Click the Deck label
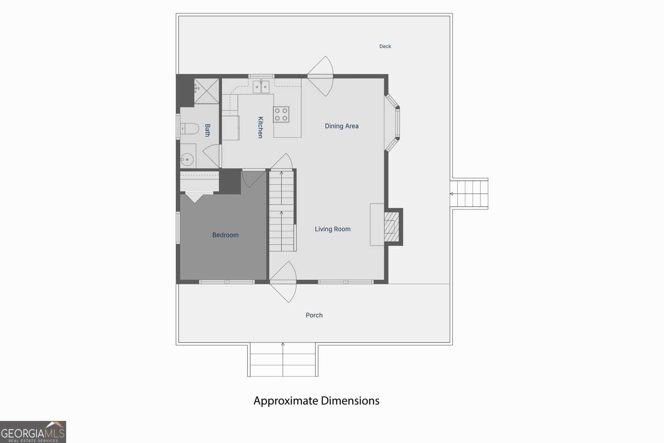coord(385,46)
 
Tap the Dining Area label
coord(342,126)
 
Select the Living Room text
coord(332,229)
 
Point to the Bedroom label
coord(225,235)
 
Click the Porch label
coord(314,315)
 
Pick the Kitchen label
coord(260,127)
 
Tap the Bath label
coord(207,130)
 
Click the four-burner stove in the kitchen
coord(281,115)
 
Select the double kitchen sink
coord(261,87)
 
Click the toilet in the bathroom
coord(189,129)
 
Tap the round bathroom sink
coord(187,159)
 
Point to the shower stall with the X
coord(206,91)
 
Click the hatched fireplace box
coord(392,227)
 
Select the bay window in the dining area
coord(392,123)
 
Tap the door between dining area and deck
coord(320,76)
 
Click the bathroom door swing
coord(212,156)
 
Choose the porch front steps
coord(283,360)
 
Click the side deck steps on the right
coord(469,193)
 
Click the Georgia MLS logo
coord(33,432)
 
